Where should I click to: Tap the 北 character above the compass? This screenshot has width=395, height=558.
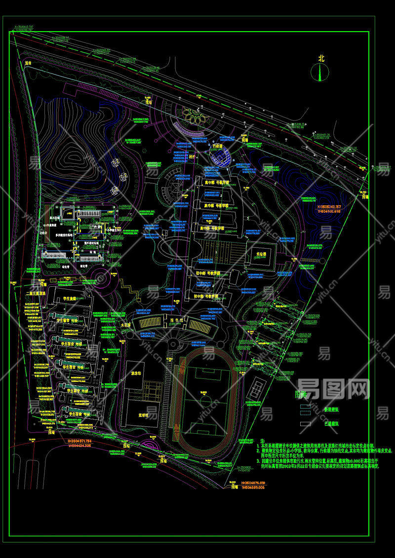(x=321, y=58)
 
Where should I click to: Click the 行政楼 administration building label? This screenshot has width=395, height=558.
(x=218, y=147)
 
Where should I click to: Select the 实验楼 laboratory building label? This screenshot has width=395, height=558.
(x=261, y=255)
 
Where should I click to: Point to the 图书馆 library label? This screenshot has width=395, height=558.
(x=177, y=320)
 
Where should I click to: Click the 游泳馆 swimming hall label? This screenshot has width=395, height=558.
(x=135, y=373)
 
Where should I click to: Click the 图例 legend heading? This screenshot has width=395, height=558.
(x=301, y=395)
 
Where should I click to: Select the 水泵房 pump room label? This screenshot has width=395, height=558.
(x=126, y=325)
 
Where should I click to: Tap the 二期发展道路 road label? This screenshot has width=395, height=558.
(x=36, y=293)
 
